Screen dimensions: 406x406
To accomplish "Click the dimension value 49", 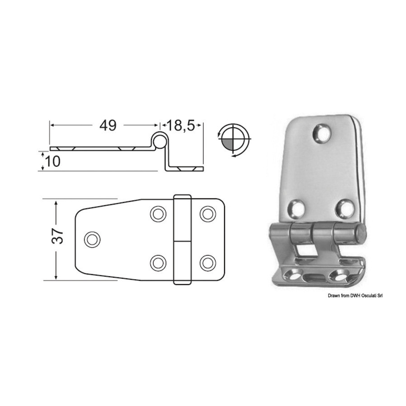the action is (x=108, y=125).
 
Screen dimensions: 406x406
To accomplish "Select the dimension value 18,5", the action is (x=180, y=125).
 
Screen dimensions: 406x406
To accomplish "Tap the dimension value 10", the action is (x=53, y=161).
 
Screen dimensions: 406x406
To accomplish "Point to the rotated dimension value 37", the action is (x=57, y=235).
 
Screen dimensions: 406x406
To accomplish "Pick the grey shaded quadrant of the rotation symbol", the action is (x=228, y=143).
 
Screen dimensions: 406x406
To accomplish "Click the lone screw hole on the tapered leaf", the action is (x=92, y=239).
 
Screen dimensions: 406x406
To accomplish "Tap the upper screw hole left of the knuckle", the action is (x=158, y=214).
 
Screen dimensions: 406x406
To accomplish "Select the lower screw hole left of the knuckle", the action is (x=158, y=263).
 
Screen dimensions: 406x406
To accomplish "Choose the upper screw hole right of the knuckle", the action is (x=208, y=214).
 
